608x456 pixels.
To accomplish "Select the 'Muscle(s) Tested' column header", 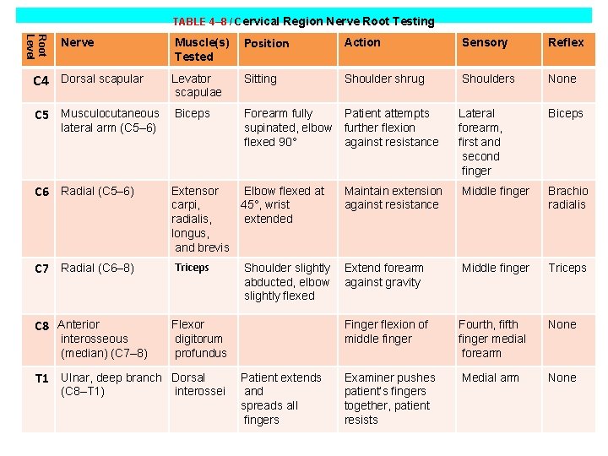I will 201,49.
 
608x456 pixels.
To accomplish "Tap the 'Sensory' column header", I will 484,42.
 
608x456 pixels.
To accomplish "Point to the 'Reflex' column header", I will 565,42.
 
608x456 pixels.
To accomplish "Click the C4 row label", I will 41,81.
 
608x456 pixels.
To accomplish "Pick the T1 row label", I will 41,379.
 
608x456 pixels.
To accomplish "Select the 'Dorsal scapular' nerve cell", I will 102,79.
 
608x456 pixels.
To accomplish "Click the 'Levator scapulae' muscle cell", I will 197,85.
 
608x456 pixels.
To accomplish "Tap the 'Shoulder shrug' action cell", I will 384,79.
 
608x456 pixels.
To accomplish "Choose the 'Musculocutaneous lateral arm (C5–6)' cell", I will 110,120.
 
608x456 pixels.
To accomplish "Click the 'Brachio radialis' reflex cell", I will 567,198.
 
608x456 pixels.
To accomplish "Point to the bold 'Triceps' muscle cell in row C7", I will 192,268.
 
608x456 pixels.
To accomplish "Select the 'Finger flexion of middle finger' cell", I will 386,331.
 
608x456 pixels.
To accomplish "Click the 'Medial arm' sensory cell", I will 490,377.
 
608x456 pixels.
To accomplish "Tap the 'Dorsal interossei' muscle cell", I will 198,384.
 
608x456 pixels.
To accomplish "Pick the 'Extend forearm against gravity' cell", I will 383,275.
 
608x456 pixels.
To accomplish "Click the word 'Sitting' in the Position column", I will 260,79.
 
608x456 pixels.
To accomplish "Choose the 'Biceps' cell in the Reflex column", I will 565,113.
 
